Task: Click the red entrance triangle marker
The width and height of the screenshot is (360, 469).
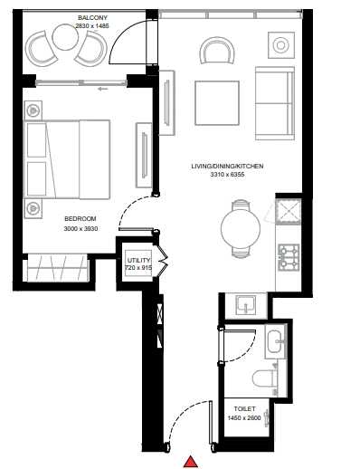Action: pyautogui.click(x=191, y=462)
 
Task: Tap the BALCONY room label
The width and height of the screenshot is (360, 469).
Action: pyautogui.click(x=92, y=18)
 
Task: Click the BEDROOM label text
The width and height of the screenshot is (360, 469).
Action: pyautogui.click(x=81, y=219)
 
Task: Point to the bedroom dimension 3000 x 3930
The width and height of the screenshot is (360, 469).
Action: pyautogui.click(x=81, y=229)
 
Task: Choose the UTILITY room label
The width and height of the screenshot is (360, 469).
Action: pyautogui.click(x=138, y=260)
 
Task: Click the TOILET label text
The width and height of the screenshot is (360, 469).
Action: pyautogui.click(x=244, y=409)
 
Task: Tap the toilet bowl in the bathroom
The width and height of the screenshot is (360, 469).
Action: pyautogui.click(x=265, y=378)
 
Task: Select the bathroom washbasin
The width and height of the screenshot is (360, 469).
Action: pyautogui.click(x=275, y=341)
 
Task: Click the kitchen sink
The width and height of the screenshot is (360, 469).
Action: pyautogui.click(x=246, y=305)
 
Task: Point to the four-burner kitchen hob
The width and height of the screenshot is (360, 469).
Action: pyautogui.click(x=289, y=257)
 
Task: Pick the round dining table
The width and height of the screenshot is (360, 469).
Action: pyautogui.click(x=241, y=228)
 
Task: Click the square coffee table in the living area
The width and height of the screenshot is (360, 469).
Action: pyautogui.click(x=217, y=103)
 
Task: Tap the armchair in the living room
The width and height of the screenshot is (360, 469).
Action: pyautogui.click(x=217, y=50)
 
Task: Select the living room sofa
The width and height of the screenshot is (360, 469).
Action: pyautogui.click(x=275, y=103)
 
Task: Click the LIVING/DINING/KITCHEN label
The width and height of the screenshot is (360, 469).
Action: pyautogui.click(x=227, y=166)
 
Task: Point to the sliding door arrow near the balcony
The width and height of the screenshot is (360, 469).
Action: pyautogui.click(x=103, y=89)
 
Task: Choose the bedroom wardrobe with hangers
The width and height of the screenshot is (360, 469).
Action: pyautogui.click(x=58, y=268)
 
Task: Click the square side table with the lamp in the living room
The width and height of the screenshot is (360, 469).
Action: pyautogui.click(x=281, y=45)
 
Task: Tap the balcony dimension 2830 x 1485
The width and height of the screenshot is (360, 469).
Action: pyautogui.click(x=92, y=26)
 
